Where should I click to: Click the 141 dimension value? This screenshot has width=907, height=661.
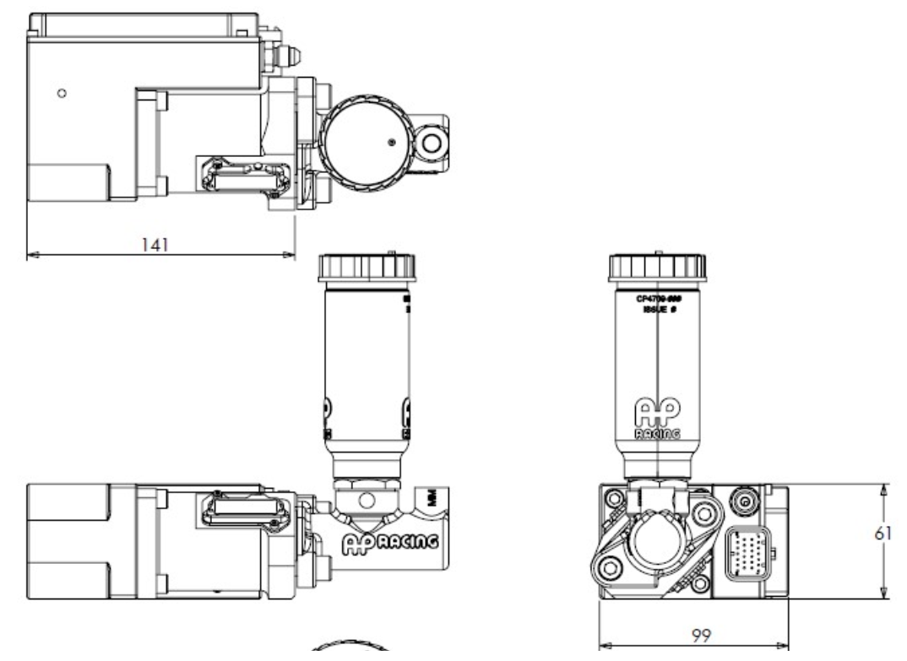(155, 243)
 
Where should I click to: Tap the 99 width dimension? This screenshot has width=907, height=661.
(698, 637)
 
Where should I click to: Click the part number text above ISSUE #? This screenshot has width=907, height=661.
(657, 299)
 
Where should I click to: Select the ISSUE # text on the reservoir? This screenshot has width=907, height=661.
(657, 310)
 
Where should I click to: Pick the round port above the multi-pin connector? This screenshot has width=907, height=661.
(744, 504)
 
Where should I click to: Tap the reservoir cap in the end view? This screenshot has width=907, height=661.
(656, 266)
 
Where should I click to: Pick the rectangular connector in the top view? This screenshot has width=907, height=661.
(243, 176)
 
